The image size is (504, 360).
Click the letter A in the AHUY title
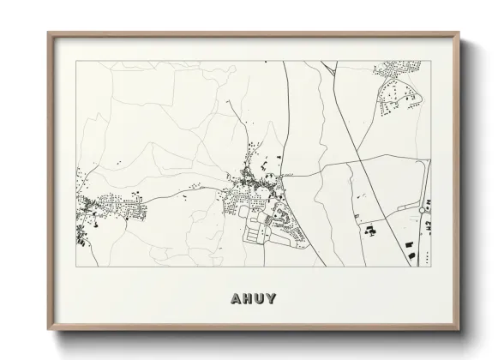coord(237,299)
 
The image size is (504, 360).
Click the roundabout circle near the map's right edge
coord(424,208)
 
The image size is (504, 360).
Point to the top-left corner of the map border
coord(75,62)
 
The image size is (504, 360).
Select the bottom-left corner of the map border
coord(75,267)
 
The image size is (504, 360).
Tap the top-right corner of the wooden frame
coord(459,33)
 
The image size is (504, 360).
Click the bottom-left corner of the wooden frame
coord(48,330)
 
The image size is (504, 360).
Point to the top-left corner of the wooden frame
coord(48,33)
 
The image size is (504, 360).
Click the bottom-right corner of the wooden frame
coord(459,330)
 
